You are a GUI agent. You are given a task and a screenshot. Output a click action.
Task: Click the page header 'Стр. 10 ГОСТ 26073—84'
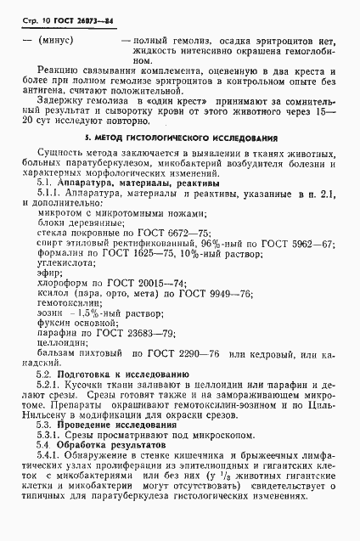(x=65, y=19)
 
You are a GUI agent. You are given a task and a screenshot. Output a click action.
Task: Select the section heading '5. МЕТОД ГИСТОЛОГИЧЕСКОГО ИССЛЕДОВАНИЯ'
(x=180, y=137)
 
